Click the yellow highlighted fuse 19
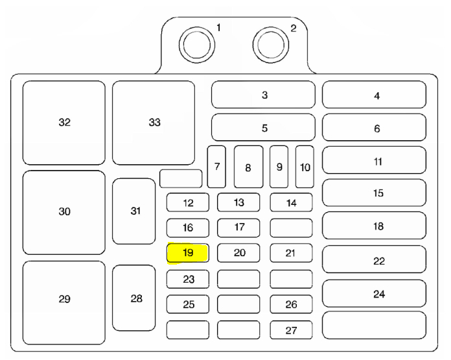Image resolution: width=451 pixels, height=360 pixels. pyautogui.click(x=188, y=253)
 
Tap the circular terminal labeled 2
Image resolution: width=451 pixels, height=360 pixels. pyautogui.click(x=270, y=43)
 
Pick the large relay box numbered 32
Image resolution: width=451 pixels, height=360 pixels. pyautogui.click(x=64, y=123)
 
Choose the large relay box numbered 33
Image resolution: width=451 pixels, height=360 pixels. pyautogui.click(x=154, y=123)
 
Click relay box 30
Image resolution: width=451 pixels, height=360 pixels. pyautogui.click(x=64, y=212)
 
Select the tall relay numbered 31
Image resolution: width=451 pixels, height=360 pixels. pyautogui.click(x=134, y=211)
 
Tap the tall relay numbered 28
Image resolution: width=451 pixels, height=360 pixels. pyautogui.click(x=134, y=298)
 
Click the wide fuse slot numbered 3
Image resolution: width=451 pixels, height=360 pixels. pyautogui.click(x=264, y=95)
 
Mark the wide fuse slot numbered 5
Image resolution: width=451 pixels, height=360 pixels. pyautogui.click(x=264, y=128)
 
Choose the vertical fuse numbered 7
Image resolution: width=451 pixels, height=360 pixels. pyautogui.click(x=216, y=167)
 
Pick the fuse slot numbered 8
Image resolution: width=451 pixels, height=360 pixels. pyautogui.click(x=248, y=167)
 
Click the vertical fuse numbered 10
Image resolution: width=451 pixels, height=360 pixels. pyautogui.click(x=305, y=167)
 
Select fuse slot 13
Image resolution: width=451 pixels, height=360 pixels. pyautogui.click(x=238, y=203)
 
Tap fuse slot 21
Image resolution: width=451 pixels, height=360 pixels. pyautogui.click(x=291, y=253)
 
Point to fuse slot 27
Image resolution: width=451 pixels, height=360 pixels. pyautogui.click(x=291, y=330)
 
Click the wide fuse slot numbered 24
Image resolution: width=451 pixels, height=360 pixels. pyautogui.click(x=374, y=294)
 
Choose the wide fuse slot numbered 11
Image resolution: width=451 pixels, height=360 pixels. pyautogui.click(x=374, y=161)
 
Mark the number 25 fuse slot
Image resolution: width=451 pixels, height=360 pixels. pyautogui.click(x=188, y=304)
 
